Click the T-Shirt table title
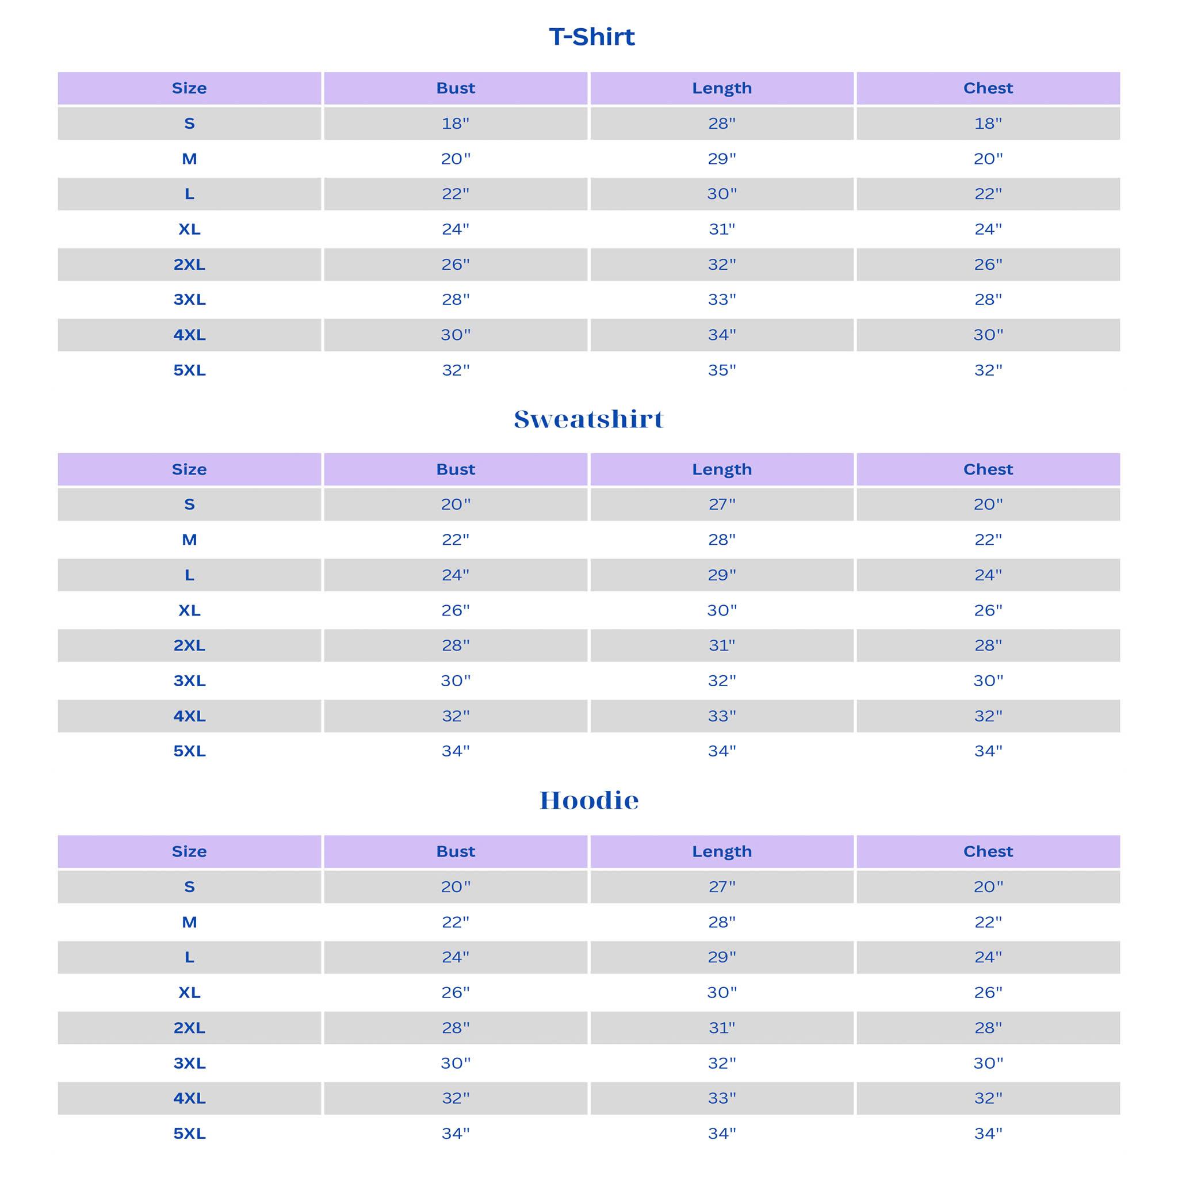point(591,37)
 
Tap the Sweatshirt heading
point(589,419)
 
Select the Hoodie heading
point(589,801)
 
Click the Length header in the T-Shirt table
point(722,89)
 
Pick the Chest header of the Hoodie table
point(988,851)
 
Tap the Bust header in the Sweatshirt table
point(456,469)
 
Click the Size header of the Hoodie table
point(189,851)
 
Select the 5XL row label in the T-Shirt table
point(189,370)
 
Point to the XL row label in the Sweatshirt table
point(189,610)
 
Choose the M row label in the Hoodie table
point(189,922)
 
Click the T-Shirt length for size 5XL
point(722,370)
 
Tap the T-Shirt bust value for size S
point(456,124)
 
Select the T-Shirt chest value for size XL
point(988,230)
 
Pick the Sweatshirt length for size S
point(722,504)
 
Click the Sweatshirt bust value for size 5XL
point(456,751)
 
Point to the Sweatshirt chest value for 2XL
point(988,645)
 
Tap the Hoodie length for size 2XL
point(722,1028)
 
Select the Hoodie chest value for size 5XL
point(988,1134)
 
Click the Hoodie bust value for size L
point(456,957)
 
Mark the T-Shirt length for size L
point(722,194)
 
